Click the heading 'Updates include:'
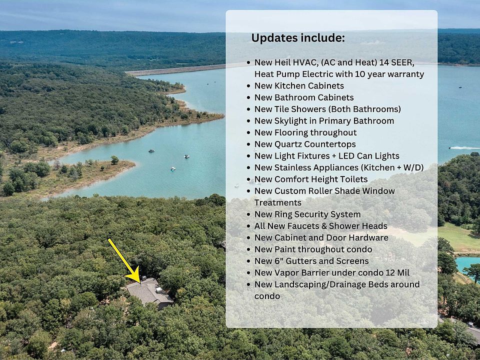click(x=298, y=38)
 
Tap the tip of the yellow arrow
click(x=140, y=283)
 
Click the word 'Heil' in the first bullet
click(x=282, y=62)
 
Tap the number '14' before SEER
click(x=384, y=62)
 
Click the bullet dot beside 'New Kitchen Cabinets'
click(x=248, y=86)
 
